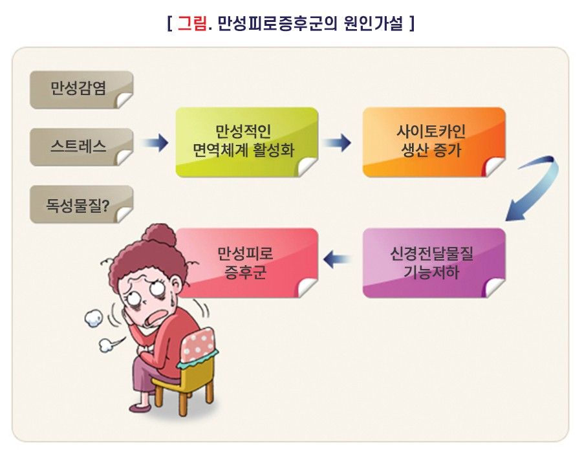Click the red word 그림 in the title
(x=192, y=23)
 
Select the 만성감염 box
(x=81, y=89)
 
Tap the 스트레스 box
(x=81, y=147)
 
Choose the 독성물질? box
(x=81, y=204)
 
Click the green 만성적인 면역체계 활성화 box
(x=247, y=142)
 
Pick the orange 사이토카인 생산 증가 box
(x=434, y=142)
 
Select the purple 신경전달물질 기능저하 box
(x=434, y=263)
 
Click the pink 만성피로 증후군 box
(x=247, y=263)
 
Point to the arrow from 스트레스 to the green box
(x=155, y=142)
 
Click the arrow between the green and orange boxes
(x=337, y=142)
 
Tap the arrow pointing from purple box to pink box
(x=337, y=259)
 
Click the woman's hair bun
(x=160, y=234)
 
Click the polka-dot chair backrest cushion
(x=199, y=345)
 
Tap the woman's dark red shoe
(x=140, y=407)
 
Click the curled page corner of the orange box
(x=493, y=166)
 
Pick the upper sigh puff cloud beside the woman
(x=94, y=319)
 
